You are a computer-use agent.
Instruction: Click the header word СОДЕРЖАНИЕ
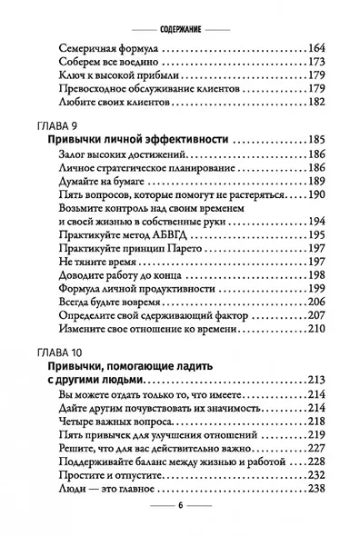click(180, 16)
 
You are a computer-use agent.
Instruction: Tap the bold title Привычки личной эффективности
click(136, 142)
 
